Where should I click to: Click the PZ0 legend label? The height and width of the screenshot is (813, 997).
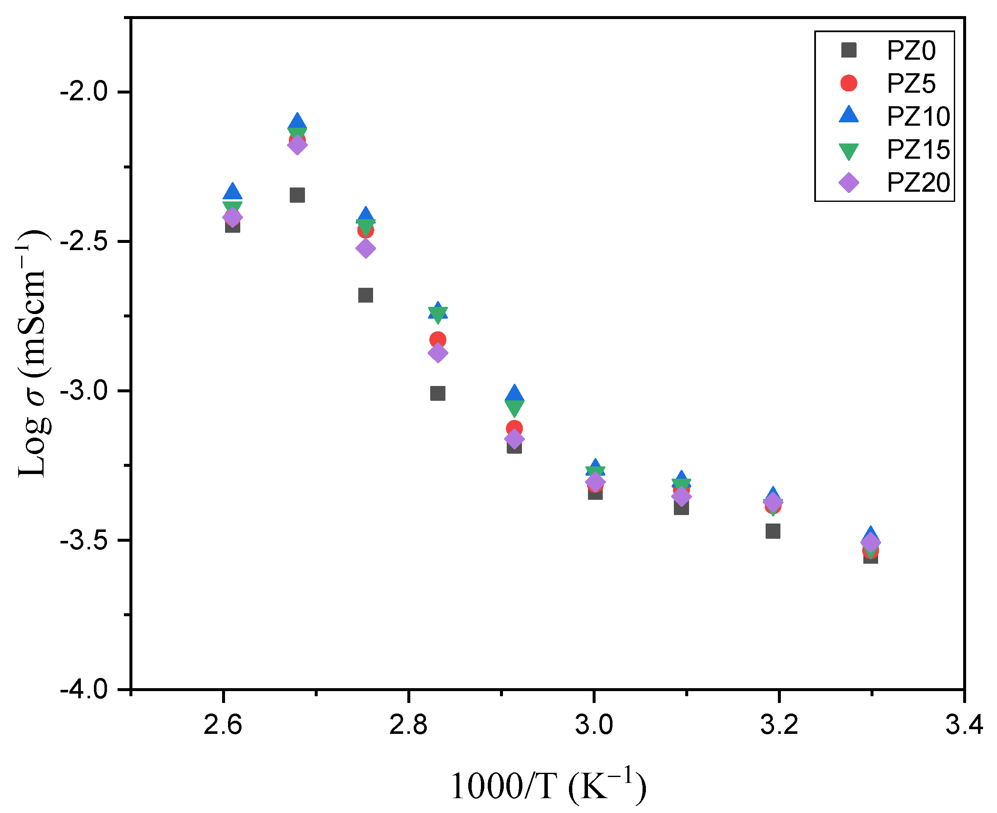(x=911, y=51)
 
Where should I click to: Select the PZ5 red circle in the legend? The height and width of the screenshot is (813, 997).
(x=849, y=83)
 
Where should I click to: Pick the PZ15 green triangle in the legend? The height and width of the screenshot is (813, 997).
(x=849, y=151)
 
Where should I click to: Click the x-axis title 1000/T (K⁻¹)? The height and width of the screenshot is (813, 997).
(x=548, y=785)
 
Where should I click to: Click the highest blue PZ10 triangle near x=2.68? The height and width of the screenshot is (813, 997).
(x=297, y=122)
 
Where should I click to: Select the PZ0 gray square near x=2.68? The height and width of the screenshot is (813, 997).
(x=297, y=195)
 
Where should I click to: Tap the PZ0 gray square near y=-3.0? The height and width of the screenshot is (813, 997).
(x=438, y=394)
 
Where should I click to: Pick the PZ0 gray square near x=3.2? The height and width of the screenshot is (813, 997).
(x=773, y=531)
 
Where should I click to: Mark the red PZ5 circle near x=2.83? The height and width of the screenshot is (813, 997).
(x=438, y=339)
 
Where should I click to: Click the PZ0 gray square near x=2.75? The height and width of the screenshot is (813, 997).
(x=365, y=295)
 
